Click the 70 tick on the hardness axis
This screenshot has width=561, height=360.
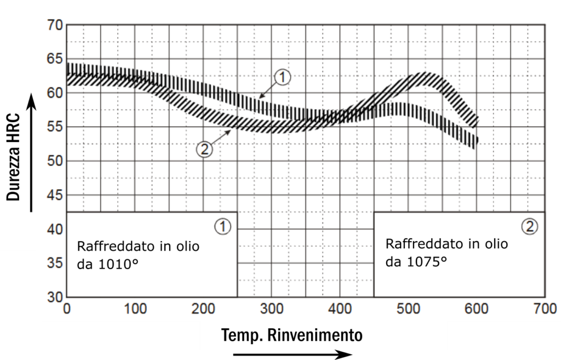(x=56, y=25)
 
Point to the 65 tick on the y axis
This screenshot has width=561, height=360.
(x=56, y=59)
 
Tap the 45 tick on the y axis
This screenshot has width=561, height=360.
(x=56, y=196)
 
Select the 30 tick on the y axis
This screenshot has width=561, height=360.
(x=56, y=298)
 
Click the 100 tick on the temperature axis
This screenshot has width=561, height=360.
(x=135, y=310)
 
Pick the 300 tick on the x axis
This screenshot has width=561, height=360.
(x=271, y=310)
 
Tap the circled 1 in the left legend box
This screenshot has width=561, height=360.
(x=222, y=225)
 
